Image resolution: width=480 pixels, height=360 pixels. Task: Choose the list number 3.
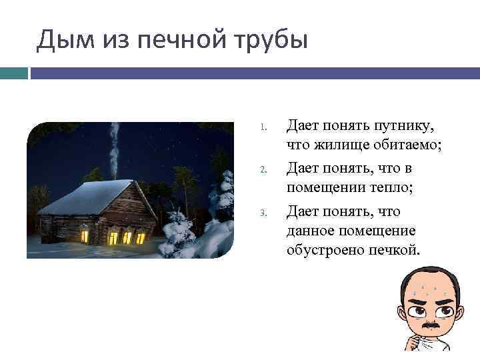[264, 213]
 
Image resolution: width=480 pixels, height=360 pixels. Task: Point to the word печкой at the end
[394, 250]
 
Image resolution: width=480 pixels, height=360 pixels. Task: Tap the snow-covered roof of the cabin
[87, 197]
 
